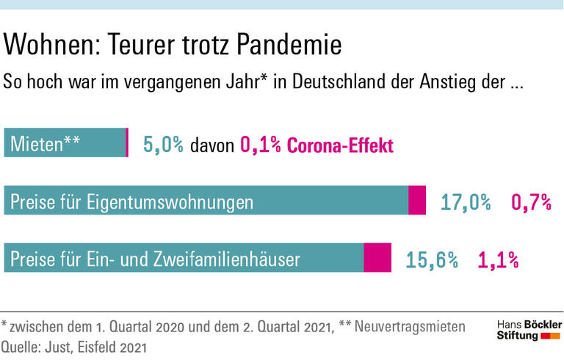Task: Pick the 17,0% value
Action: [466, 202]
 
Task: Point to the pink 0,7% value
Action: [531, 202]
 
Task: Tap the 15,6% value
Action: [432, 259]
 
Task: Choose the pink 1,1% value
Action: [499, 259]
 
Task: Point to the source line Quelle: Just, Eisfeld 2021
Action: [73, 345]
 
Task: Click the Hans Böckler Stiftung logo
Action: [529, 330]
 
